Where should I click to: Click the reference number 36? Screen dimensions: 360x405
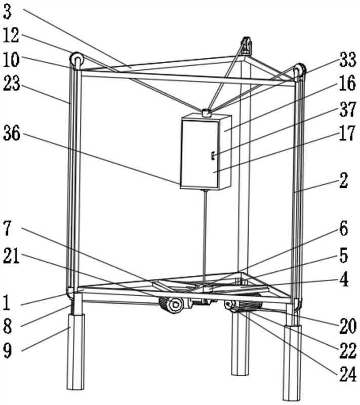point(13,133)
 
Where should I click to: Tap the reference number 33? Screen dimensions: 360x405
point(347,62)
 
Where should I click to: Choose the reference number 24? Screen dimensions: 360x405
point(347,375)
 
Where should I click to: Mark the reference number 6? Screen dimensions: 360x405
point(343,229)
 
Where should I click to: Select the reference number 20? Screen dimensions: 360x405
point(347,325)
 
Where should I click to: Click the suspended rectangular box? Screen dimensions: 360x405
point(206,152)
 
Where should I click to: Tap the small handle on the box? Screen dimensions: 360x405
point(214,154)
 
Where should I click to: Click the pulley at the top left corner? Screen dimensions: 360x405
point(77,60)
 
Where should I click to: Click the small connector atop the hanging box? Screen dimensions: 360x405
point(206,113)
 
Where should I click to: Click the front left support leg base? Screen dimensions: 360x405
point(76,352)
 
